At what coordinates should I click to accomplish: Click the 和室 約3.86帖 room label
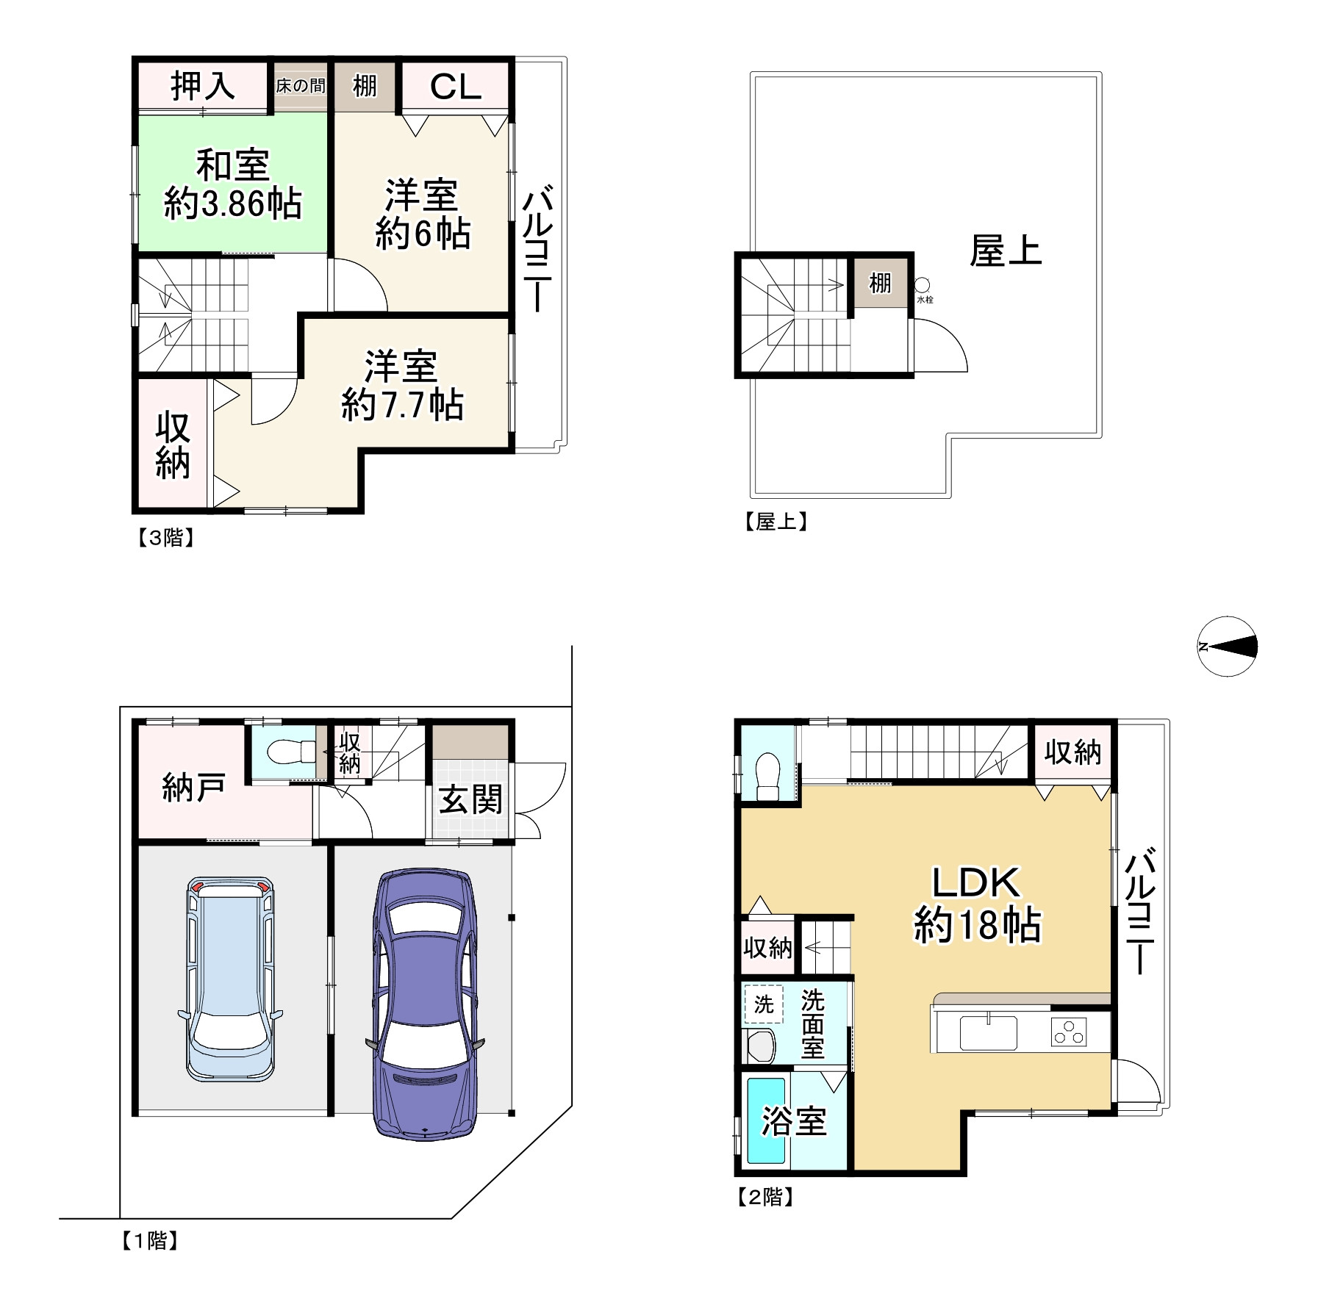(x=233, y=184)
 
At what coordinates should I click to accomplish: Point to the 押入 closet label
(x=203, y=86)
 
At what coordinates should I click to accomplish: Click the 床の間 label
(x=300, y=86)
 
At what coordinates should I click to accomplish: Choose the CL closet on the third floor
(x=455, y=87)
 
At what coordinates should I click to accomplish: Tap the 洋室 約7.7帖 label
(x=402, y=386)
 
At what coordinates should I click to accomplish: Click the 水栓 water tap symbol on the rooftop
(x=922, y=285)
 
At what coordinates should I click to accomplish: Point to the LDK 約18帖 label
(x=977, y=904)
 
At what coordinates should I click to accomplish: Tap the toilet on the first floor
(x=290, y=752)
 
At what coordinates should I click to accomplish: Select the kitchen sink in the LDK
(x=988, y=1032)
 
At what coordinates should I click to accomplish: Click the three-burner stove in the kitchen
(x=1069, y=1032)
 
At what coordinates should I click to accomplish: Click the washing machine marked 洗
(x=764, y=1004)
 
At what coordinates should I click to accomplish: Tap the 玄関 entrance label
(x=470, y=799)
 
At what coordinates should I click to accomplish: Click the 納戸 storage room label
(x=193, y=788)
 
